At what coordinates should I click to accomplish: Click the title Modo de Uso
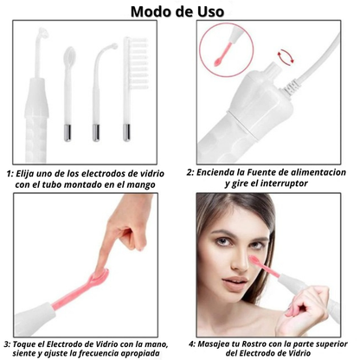coord(179,12)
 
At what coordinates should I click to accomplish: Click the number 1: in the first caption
coord(9,173)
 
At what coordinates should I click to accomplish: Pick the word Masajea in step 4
coord(226,343)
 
